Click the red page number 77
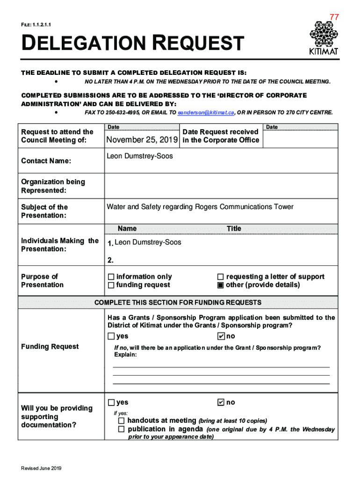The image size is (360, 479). click(x=334, y=17)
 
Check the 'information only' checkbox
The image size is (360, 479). click(x=111, y=277)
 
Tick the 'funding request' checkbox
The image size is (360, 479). click(x=111, y=285)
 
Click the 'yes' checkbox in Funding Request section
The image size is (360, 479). click(x=111, y=336)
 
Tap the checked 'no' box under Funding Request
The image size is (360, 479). click(x=221, y=336)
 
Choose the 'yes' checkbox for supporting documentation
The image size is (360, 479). click(x=111, y=403)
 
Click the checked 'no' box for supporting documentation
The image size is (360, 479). click(x=221, y=403)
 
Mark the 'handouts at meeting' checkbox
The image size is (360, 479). click(x=121, y=421)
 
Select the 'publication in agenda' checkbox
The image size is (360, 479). click(x=121, y=429)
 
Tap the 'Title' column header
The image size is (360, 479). click(x=234, y=229)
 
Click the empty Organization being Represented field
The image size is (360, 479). click(x=221, y=186)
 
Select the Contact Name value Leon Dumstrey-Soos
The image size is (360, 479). click(x=140, y=156)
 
